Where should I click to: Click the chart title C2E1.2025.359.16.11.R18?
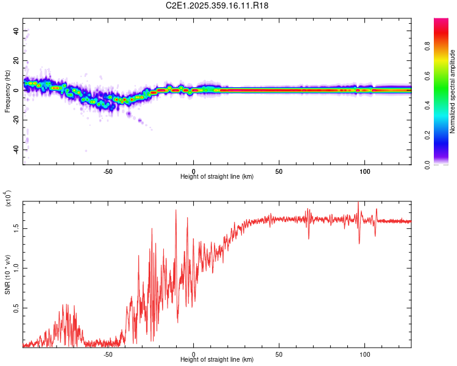[218, 5]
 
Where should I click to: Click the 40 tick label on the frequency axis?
[16, 30]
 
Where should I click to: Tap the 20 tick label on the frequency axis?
[16, 60]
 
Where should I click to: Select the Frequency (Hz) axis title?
[7, 91]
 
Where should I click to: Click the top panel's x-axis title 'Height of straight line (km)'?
[217, 176]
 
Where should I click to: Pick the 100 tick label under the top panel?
[364, 170]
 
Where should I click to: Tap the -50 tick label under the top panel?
[108, 170]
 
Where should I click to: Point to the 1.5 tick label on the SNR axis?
[16, 228]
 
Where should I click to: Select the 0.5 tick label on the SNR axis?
[16, 308]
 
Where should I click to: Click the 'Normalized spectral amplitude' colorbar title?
[453, 91]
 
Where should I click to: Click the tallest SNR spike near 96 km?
[358, 203]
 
